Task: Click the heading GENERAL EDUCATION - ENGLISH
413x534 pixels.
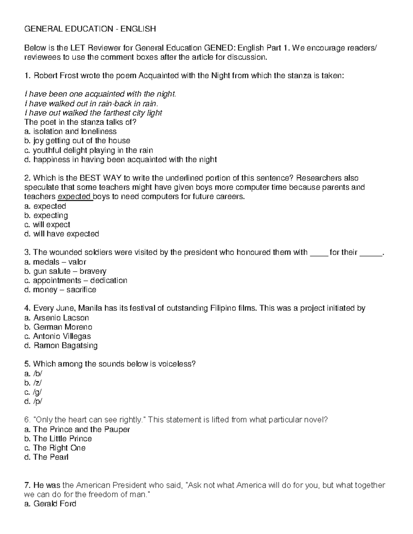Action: pos(90,29)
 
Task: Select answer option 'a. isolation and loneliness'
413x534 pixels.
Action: pos(70,131)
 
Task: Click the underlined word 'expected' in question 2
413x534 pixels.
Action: pos(74,197)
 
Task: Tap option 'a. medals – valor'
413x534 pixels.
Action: pos(55,262)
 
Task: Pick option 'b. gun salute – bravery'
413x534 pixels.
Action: pos(65,271)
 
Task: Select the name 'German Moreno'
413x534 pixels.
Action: pos(63,327)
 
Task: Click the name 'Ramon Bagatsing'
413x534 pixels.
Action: pos(65,345)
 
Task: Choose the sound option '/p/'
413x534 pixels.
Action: pos(38,401)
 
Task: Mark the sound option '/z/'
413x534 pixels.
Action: pos(38,383)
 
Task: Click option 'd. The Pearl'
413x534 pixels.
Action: pos(46,457)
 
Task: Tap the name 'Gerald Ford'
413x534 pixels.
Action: pos(54,504)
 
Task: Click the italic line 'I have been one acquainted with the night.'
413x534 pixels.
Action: pos(100,94)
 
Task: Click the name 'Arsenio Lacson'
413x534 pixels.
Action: pos(61,317)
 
